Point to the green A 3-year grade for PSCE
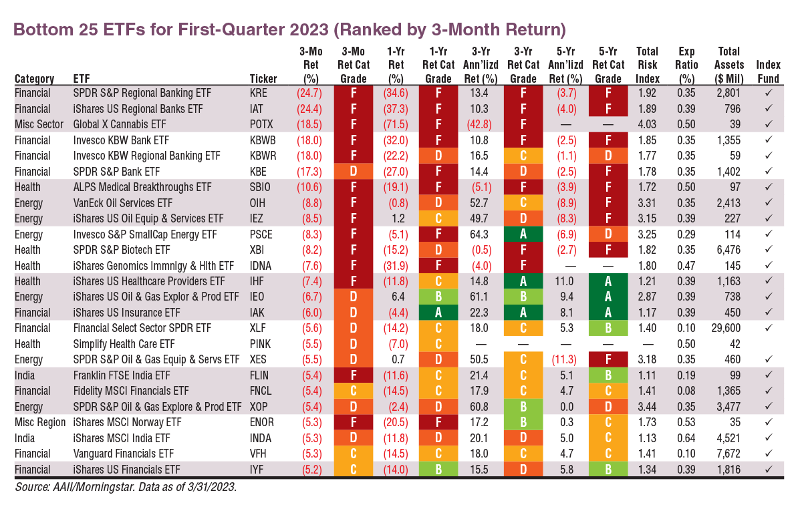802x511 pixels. tap(523, 234)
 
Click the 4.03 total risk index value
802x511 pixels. tap(647, 124)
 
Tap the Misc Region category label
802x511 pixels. tap(40, 422)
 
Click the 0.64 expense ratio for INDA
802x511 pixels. tap(686, 438)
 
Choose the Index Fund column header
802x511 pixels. tap(768, 71)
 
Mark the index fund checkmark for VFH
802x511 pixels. tap(768, 454)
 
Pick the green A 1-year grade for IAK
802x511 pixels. tap(438, 312)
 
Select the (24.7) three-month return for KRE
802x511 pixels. tap(309, 93)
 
